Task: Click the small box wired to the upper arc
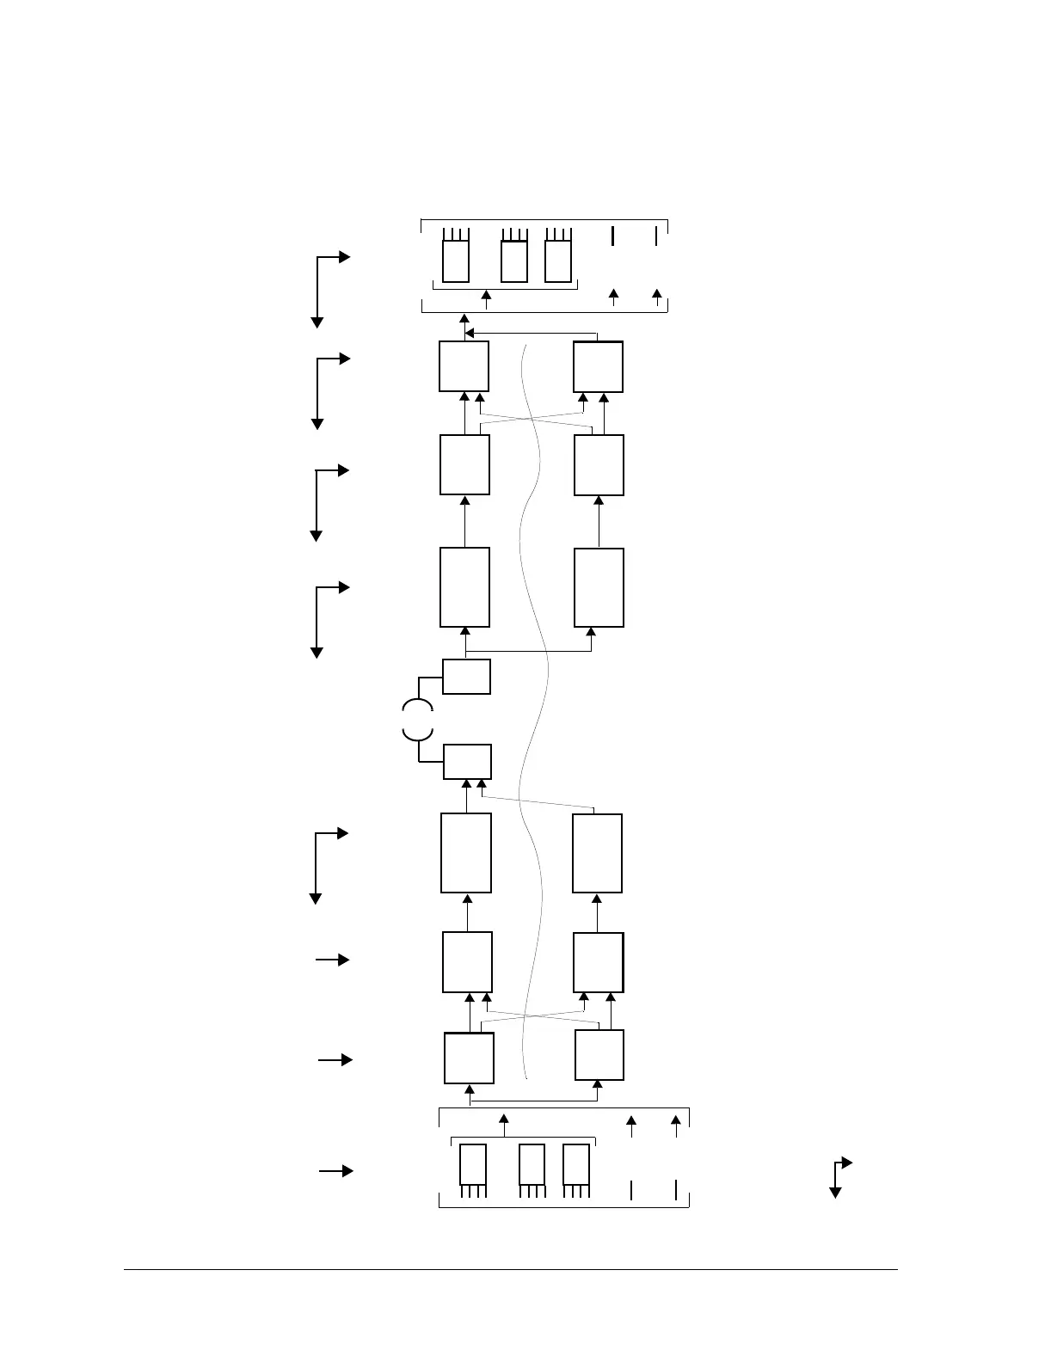point(466,677)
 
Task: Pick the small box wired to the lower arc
point(467,762)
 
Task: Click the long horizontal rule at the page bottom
point(510,1269)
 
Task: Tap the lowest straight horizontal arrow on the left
point(335,1171)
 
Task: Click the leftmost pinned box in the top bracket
point(456,261)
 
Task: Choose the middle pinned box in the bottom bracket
point(532,1164)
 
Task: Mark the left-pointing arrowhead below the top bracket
point(470,333)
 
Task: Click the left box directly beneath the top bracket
point(464,366)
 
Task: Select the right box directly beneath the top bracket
point(599,367)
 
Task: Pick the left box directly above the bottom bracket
point(469,1058)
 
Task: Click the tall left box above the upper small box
point(464,587)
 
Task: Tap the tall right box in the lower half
point(597,854)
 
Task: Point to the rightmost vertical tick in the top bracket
point(656,236)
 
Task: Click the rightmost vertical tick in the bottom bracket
point(676,1190)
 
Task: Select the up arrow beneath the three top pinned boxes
point(486,299)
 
